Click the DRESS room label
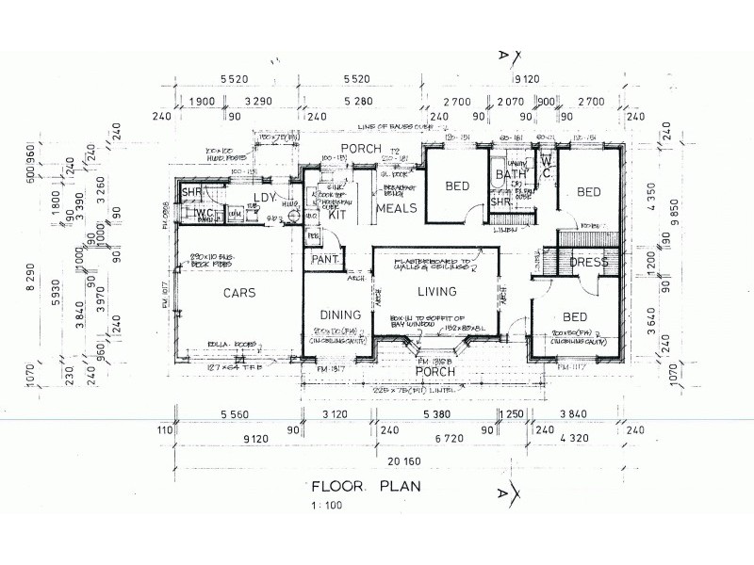tap(588, 263)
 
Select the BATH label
tap(511, 175)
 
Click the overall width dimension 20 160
tap(408, 460)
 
